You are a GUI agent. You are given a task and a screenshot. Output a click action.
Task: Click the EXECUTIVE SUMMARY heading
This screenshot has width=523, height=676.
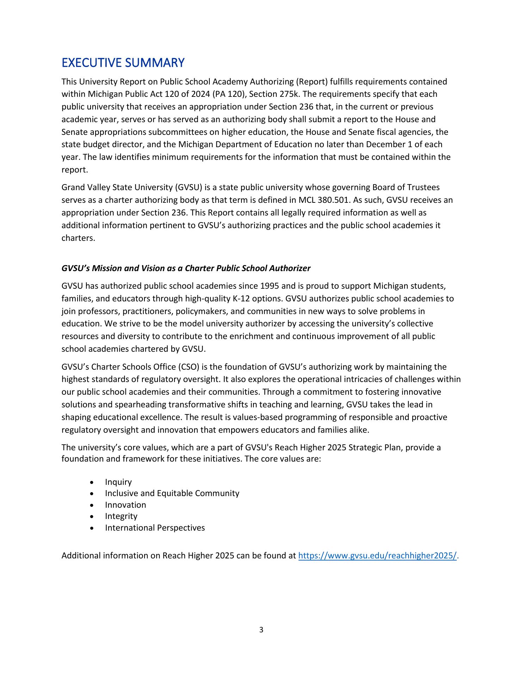click(x=123, y=63)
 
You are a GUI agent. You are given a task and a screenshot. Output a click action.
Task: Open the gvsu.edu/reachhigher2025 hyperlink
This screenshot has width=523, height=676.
click(x=377, y=556)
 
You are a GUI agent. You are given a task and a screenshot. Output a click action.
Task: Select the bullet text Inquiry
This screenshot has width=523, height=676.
click(x=118, y=482)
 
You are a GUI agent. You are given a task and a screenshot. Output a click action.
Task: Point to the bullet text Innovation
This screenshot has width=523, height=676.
click(x=125, y=505)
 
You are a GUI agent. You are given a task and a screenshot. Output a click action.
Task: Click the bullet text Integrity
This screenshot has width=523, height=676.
click(x=121, y=516)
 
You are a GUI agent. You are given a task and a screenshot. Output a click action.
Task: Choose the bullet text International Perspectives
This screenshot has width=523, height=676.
click(x=155, y=528)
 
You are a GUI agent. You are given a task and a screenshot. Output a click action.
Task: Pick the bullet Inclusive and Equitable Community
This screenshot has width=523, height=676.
click(x=172, y=493)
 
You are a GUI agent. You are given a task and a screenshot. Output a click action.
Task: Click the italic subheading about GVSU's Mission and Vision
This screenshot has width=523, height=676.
click(x=186, y=268)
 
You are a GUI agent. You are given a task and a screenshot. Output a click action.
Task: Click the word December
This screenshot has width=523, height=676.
click(x=384, y=144)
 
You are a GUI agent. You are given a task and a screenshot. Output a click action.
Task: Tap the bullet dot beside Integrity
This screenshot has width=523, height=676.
click(x=92, y=517)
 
